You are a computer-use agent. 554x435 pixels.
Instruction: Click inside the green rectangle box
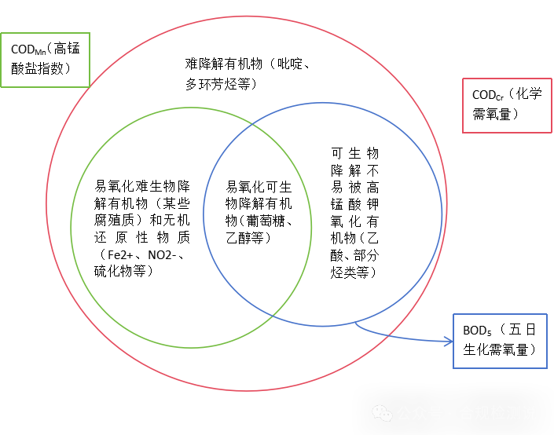click(45, 60)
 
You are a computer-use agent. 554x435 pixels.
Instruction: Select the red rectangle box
click(507, 105)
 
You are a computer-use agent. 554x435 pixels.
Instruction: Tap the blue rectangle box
click(500, 341)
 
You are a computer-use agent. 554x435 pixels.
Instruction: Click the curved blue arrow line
click(401, 337)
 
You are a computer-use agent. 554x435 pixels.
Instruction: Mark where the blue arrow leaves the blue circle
click(355, 323)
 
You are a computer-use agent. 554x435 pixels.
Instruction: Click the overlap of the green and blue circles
click(258, 220)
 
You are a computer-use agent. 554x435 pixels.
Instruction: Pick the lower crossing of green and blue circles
click(273, 316)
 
